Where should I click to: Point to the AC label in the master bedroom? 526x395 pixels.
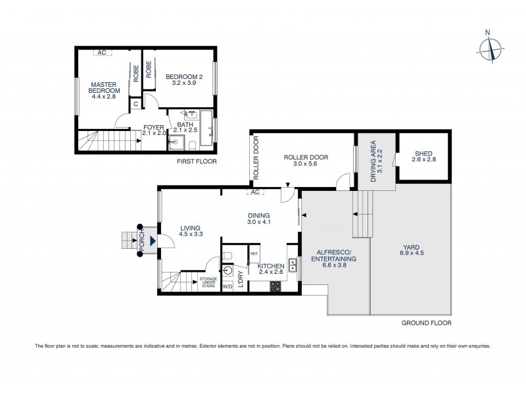(x=102, y=53)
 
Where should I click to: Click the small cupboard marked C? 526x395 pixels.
(x=135, y=103)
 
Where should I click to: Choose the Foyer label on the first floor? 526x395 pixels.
(x=153, y=128)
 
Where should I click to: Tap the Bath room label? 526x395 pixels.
(x=184, y=125)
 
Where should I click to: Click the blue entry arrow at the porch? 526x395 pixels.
(x=153, y=240)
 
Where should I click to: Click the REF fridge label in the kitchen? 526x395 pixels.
(x=254, y=253)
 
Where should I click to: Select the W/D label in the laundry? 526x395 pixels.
(x=228, y=286)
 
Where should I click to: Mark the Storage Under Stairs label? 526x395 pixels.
(x=208, y=282)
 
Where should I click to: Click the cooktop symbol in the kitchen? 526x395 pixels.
(x=275, y=286)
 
